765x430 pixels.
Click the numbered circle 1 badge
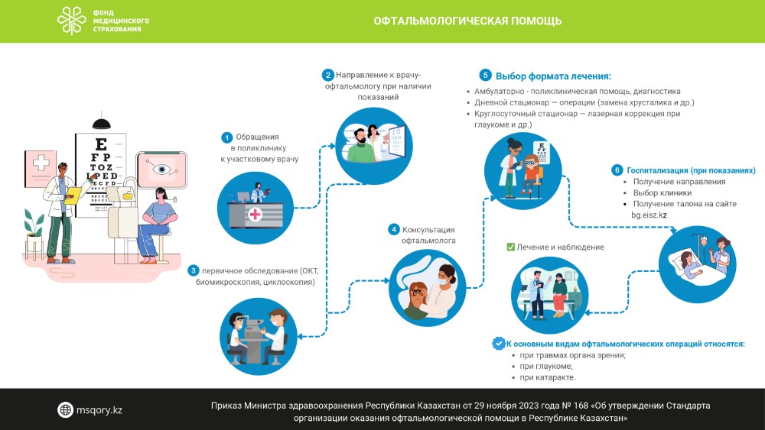226,137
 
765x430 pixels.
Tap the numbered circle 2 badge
327,75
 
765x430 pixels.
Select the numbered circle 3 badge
194,270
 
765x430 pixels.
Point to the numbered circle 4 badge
393,229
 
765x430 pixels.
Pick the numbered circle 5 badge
485,76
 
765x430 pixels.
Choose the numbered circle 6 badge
617,170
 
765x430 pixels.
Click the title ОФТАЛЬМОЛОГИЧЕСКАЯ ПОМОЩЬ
467,21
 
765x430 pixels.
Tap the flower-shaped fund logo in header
73,21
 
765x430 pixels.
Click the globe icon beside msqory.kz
66,410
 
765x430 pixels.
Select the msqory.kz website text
99,410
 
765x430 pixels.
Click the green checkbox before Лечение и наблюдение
510,247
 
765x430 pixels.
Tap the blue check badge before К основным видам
498,344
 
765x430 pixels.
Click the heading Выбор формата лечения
553,76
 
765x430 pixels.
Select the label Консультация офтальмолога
428,234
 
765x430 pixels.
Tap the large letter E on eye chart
99,144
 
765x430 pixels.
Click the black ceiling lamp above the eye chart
100,122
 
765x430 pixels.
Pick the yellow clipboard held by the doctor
74,194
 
